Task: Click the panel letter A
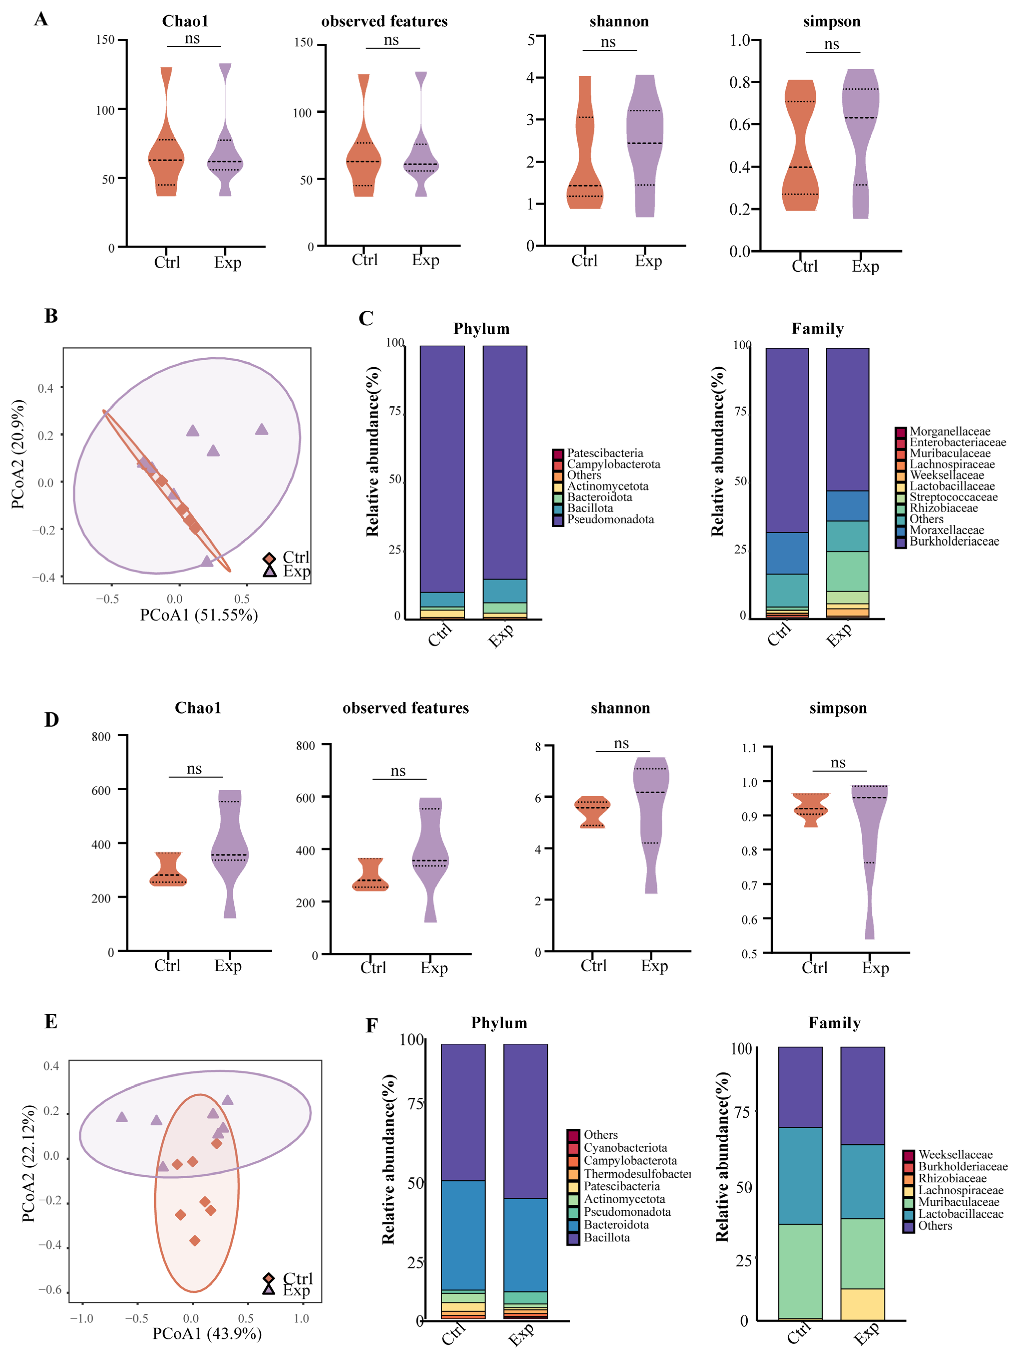41,20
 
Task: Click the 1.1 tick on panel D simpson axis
749,748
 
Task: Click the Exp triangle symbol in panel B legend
269,571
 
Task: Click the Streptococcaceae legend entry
953,497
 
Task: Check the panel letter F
371,1026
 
